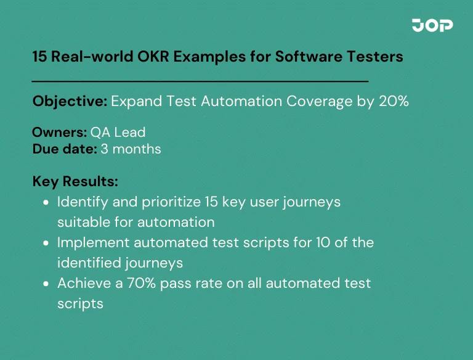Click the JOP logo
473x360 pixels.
(x=432, y=25)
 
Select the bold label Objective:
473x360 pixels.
(x=70, y=102)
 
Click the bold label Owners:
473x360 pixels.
(x=59, y=133)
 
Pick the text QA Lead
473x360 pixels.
(x=118, y=133)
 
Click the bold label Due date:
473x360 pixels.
(x=64, y=149)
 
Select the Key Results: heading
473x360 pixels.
(x=75, y=182)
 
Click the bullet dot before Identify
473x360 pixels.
(x=47, y=202)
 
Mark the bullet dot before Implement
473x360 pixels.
(x=47, y=243)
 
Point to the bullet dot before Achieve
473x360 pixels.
(x=47, y=284)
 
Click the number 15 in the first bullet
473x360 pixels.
(x=198, y=202)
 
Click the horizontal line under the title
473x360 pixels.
(x=200, y=81)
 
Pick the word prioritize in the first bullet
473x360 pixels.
(x=160, y=202)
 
